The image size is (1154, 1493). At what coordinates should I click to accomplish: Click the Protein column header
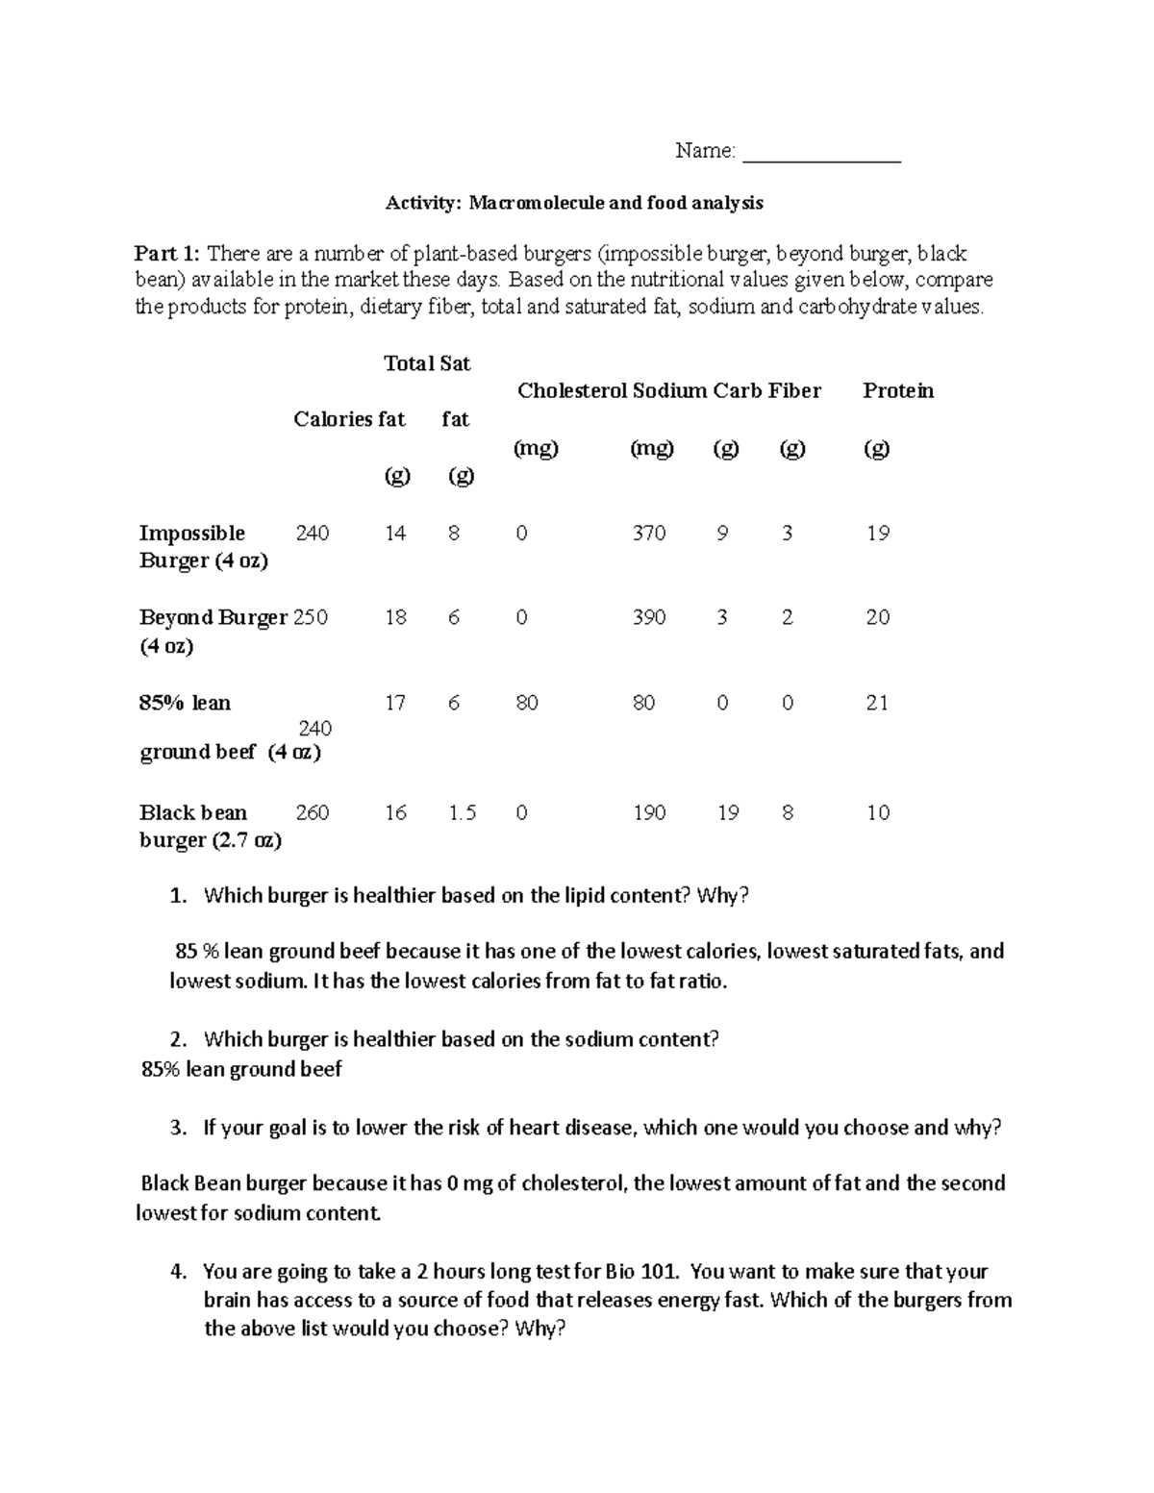[897, 390]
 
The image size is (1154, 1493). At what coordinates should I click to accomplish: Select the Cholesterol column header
[571, 390]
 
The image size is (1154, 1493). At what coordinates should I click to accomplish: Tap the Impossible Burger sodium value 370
[648, 534]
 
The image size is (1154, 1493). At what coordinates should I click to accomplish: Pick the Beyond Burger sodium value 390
[648, 617]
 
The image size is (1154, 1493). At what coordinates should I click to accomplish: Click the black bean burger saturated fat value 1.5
[462, 813]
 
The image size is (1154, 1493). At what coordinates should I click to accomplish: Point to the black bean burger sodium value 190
[648, 813]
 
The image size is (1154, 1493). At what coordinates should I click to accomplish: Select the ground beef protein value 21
[876, 703]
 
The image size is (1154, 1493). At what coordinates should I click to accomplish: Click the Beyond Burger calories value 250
[311, 617]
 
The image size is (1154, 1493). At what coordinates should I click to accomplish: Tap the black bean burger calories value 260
[312, 813]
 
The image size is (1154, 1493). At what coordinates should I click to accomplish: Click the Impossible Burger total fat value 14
[395, 534]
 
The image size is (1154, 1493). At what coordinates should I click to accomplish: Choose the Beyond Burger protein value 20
[877, 617]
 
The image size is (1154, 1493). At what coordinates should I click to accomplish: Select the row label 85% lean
[185, 703]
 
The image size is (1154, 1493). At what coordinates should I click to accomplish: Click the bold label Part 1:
[167, 254]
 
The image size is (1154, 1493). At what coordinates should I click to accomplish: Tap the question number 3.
[177, 1128]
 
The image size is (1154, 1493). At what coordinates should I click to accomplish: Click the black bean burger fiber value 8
[788, 813]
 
